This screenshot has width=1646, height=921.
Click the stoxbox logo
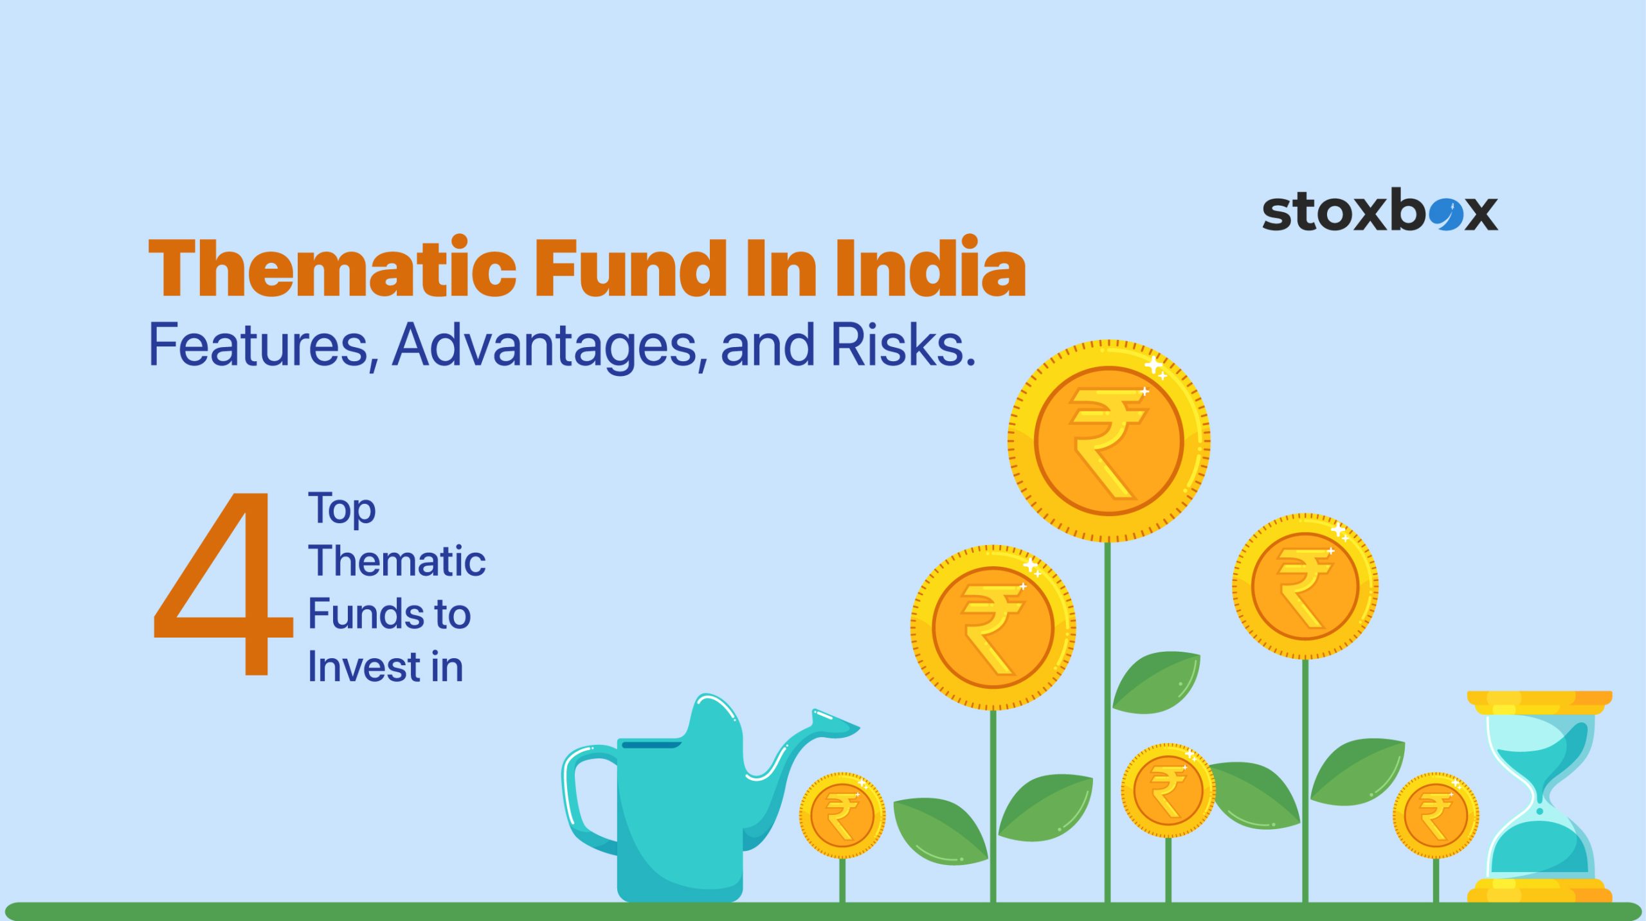point(1380,210)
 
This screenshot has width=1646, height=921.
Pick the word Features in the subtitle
point(260,346)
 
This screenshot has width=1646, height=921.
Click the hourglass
point(1539,797)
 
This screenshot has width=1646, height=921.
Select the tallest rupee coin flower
point(1109,441)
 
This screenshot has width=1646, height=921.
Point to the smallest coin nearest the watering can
point(842,815)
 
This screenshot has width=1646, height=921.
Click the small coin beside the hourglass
point(1436,815)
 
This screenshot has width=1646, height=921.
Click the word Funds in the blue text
point(363,614)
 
